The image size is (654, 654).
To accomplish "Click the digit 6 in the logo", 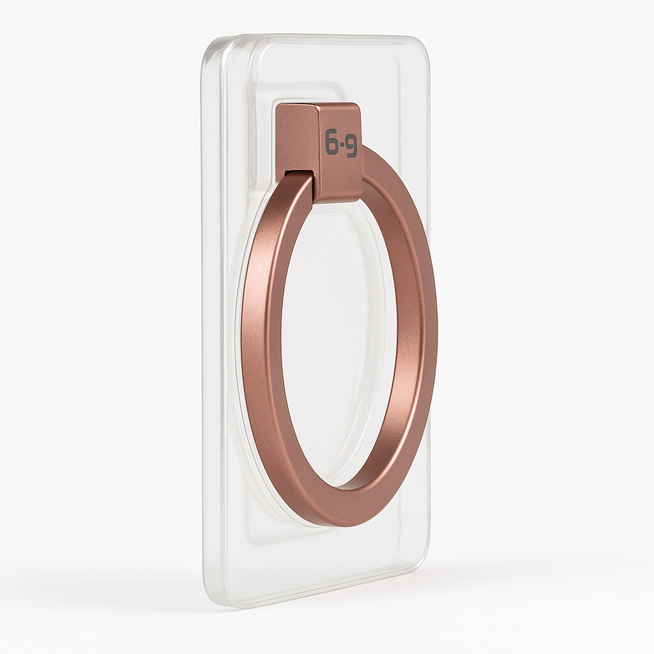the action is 331,144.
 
